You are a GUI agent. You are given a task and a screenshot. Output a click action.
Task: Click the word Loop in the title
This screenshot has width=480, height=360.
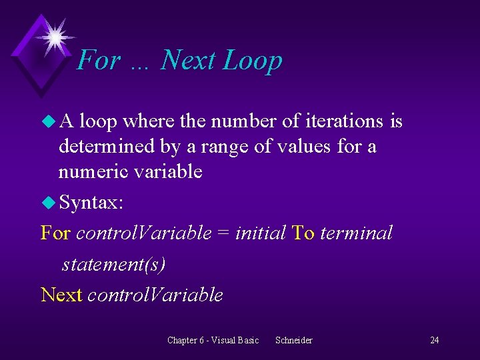(253, 61)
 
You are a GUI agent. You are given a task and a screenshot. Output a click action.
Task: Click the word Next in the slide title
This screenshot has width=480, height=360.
(188, 60)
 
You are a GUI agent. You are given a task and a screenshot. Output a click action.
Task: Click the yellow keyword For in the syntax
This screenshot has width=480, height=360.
(55, 233)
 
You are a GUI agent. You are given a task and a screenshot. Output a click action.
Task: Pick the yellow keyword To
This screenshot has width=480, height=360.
(303, 233)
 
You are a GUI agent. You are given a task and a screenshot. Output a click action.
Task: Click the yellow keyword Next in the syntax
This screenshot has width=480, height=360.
(61, 295)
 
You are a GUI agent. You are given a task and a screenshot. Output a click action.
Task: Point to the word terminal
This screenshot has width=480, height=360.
(357, 233)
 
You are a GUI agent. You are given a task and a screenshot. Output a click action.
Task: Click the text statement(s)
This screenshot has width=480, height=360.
(113, 265)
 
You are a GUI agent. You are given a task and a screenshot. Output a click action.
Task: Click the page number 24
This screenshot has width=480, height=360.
(434, 341)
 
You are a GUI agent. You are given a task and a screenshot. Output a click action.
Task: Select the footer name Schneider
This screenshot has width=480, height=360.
(293, 341)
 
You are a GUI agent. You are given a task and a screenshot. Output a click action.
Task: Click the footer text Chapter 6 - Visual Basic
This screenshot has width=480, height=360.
(213, 341)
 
